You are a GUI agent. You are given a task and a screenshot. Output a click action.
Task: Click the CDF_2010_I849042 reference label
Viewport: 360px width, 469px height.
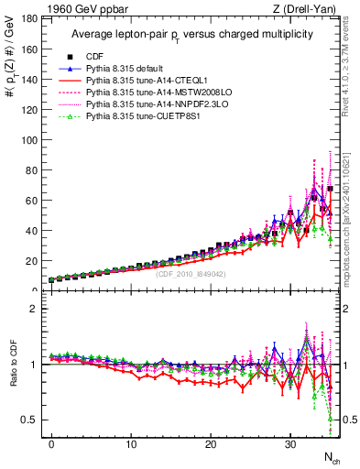(x=192, y=274)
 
